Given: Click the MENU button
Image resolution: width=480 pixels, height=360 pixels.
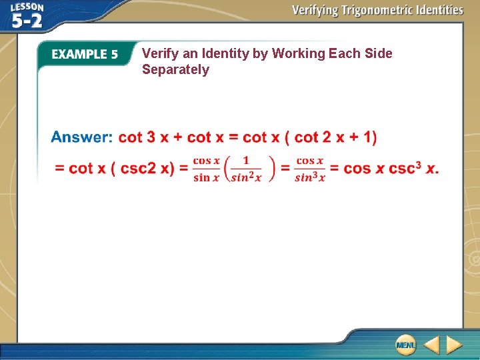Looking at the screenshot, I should click(405, 345).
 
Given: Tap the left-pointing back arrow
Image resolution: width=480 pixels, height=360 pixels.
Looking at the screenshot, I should click(431, 345).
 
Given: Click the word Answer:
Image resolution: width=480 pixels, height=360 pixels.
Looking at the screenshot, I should click(81, 137).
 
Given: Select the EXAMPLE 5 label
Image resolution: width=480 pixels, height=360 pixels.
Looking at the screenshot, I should click(85, 55).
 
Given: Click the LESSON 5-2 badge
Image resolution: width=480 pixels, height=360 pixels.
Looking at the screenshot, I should click(27, 15).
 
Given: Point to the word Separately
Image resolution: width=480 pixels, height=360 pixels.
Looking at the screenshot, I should click(175, 70).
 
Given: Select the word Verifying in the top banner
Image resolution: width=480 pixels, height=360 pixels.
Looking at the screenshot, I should click(314, 10).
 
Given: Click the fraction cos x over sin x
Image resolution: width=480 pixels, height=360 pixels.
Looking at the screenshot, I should click(206, 169).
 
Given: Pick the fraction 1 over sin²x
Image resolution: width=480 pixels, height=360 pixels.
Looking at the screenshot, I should click(246, 169).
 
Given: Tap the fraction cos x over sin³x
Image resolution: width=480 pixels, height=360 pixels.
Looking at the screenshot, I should click(309, 169).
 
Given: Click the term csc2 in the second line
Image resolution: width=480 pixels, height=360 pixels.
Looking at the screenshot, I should click(137, 168).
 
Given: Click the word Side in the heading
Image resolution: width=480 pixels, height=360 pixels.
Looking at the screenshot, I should click(378, 53).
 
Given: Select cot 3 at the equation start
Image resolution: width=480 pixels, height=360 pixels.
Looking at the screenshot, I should click(137, 137).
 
